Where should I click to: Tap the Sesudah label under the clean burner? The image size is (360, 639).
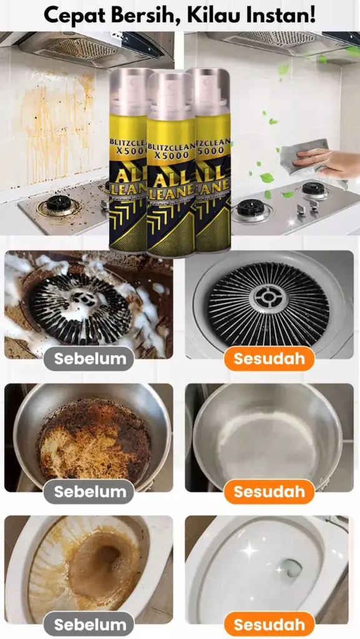coord(269,359)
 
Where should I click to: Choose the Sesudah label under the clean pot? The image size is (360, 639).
coord(269,491)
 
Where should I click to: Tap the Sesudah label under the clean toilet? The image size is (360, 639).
coord(269,624)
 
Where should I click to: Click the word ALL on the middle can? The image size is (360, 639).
coord(170,172)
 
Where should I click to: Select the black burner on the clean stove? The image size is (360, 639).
coord(253,207)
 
